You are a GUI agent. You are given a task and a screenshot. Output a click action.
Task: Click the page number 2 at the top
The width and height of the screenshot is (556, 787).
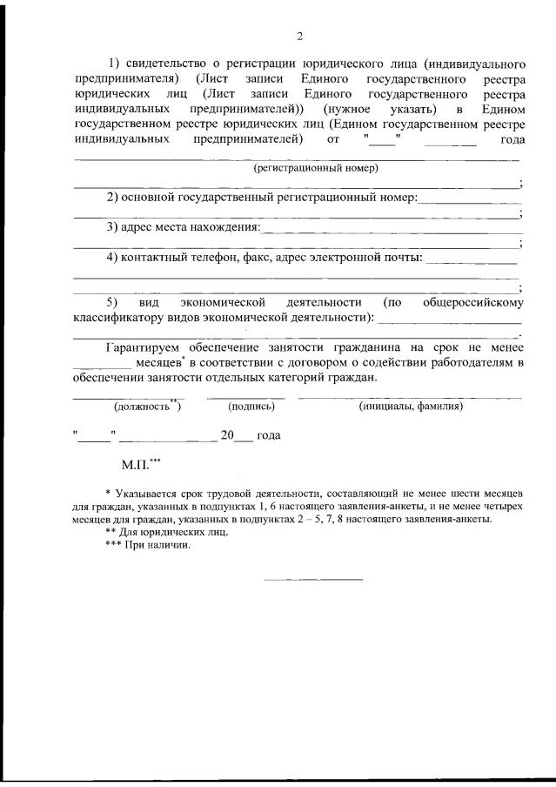pos(299,36)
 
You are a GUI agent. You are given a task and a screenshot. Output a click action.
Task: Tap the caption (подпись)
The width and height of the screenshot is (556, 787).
pos(251,406)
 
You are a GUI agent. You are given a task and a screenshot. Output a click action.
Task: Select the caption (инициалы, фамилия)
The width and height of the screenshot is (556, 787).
pos(410,406)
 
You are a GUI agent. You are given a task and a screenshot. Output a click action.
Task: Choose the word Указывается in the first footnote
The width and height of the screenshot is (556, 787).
pos(149,493)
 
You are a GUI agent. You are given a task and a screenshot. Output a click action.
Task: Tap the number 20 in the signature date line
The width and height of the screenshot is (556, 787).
pos(228,434)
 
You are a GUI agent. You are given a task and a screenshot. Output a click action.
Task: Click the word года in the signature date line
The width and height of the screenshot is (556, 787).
pos(268,434)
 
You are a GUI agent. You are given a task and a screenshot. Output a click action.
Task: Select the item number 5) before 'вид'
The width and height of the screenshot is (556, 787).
pos(112,302)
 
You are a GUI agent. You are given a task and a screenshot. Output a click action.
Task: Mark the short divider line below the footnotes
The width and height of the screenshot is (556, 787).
pos(313,579)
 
